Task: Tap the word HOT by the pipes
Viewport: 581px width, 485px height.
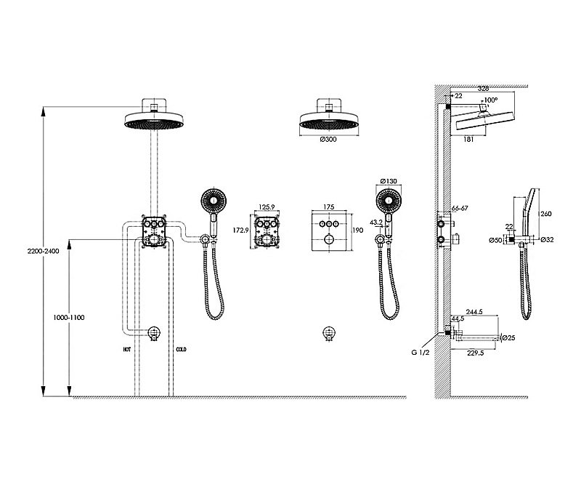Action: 127,349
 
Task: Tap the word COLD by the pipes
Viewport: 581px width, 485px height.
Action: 182,349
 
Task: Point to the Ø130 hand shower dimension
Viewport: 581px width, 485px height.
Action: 389,181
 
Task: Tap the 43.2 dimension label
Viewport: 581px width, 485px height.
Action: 376,222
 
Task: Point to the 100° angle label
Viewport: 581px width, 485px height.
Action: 492,100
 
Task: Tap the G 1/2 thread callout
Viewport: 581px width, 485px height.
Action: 420,354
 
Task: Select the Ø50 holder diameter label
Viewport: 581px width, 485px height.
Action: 495,239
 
